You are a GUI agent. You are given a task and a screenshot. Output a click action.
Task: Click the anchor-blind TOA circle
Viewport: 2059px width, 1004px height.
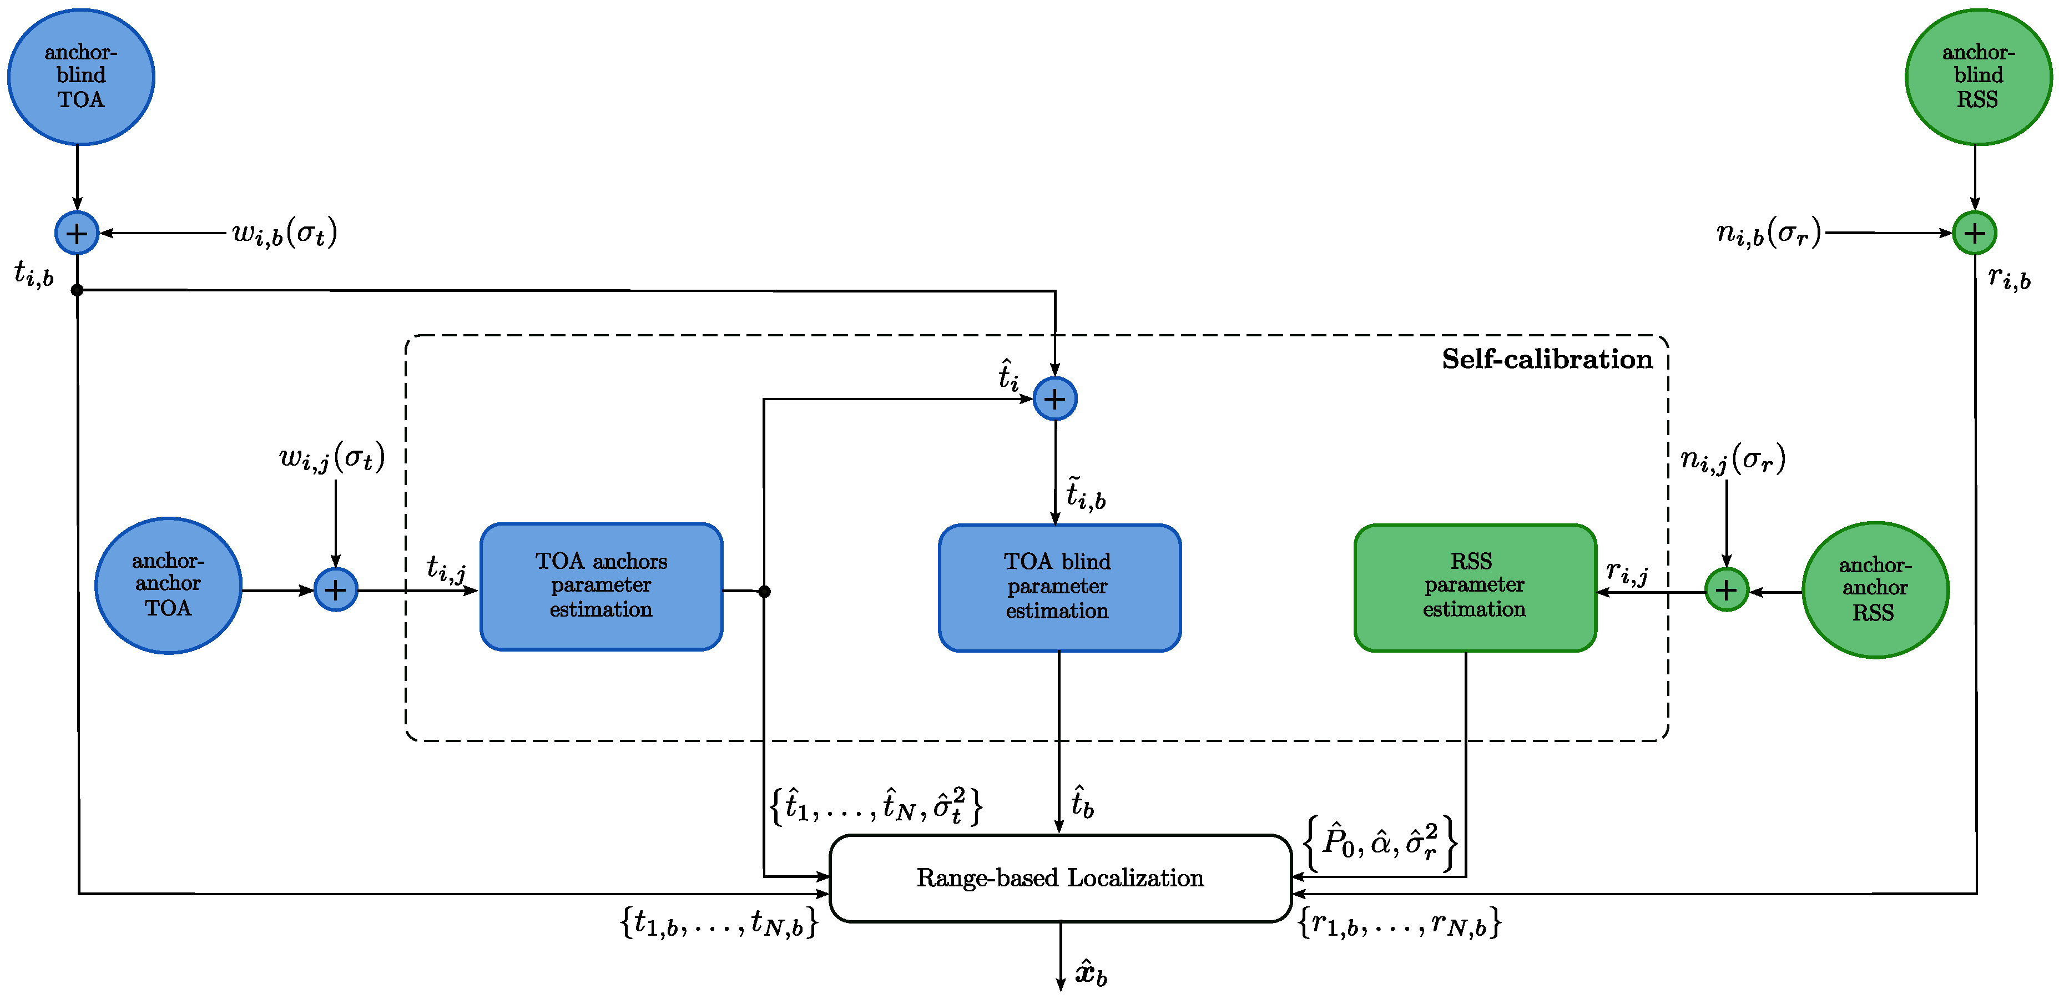[x=80, y=77]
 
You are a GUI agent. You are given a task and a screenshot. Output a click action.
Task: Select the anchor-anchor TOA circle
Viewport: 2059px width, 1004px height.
[x=168, y=585]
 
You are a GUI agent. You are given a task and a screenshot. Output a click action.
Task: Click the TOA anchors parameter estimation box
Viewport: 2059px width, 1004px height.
[x=601, y=586]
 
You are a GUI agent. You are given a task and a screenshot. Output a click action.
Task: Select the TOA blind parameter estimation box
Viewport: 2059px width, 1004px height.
[x=1058, y=588]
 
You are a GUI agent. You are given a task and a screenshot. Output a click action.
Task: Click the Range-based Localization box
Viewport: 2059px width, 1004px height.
[x=1060, y=877]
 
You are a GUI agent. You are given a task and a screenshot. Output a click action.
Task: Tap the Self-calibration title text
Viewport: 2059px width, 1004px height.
[x=1547, y=359]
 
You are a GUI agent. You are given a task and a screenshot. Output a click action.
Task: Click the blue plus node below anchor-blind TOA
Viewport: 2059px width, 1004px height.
[x=77, y=234]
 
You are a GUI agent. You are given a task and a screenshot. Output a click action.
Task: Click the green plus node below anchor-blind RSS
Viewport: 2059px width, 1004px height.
[x=1974, y=234]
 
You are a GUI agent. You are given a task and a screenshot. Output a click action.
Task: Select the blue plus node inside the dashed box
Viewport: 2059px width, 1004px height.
[x=1054, y=399]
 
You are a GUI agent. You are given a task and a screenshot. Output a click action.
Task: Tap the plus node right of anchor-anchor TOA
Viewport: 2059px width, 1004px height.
[x=336, y=590]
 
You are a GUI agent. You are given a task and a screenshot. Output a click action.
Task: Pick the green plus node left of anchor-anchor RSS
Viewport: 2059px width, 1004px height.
[x=1727, y=590]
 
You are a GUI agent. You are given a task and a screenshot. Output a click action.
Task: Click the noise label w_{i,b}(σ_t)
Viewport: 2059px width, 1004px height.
[x=285, y=234]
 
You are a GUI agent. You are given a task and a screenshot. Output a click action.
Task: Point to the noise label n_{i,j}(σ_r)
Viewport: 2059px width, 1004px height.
[x=1732, y=460]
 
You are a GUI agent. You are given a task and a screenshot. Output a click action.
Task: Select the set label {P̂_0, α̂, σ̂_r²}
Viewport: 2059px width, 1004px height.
[x=1380, y=842]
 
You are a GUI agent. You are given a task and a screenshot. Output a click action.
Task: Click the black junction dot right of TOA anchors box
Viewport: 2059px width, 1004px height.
[x=764, y=592]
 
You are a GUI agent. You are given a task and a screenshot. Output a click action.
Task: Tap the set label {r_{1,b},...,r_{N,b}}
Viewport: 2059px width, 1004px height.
[x=1399, y=924]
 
